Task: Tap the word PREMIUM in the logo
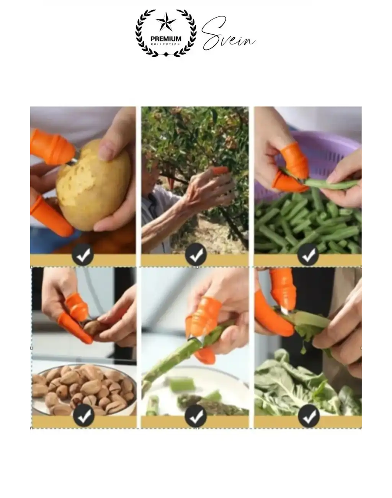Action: (166, 39)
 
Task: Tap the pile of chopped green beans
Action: (306, 226)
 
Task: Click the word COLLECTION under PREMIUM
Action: (166, 44)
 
